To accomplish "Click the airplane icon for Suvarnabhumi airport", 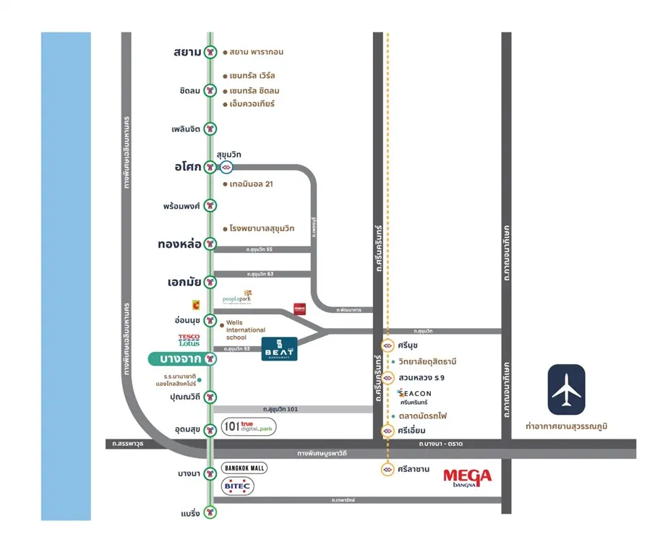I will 566,390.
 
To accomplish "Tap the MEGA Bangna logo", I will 467,476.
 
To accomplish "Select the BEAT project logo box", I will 279,348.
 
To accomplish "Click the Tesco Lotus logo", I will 189,340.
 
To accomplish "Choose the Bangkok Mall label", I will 244,468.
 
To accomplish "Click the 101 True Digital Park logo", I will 249,427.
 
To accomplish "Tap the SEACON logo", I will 414,396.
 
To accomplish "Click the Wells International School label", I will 246,330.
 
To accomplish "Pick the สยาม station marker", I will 210,52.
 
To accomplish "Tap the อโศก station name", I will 187,167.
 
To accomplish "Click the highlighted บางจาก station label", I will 180,358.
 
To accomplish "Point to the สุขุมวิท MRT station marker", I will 226,167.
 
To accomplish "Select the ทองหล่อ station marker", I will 210,244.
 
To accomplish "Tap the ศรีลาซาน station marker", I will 388,469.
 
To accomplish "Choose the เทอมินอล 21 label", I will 251,184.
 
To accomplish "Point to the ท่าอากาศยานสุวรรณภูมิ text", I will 566,426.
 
